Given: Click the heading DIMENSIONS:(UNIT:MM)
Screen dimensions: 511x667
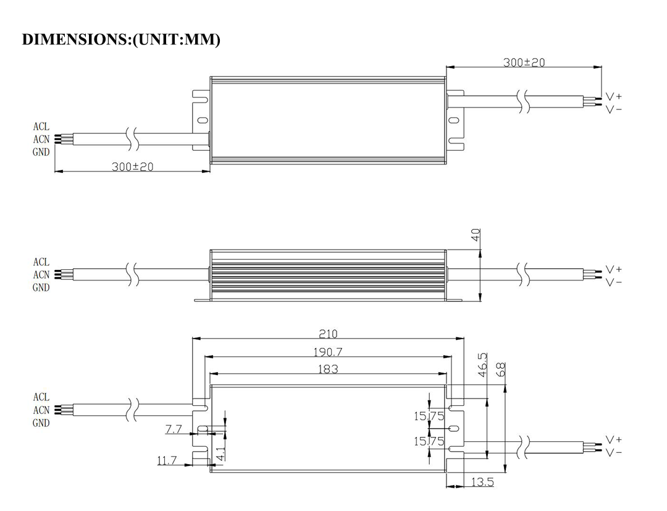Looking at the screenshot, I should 121,40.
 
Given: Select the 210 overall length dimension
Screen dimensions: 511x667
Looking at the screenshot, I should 328,334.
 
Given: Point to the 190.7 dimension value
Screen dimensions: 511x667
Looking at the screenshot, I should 328,352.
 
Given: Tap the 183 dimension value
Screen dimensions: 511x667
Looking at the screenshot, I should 328,369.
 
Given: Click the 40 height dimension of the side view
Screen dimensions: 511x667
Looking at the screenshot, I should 476,235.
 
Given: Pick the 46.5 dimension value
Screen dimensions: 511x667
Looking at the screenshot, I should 482,365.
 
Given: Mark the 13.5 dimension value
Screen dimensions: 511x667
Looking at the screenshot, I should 482,482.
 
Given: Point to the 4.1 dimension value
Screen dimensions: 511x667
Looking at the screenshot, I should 220,454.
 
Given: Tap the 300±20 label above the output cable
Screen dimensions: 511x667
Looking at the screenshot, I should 524,62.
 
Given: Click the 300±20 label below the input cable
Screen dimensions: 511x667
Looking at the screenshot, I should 132,167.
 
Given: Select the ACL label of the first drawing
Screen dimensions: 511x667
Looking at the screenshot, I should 41,127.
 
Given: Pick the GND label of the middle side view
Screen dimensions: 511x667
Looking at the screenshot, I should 41,287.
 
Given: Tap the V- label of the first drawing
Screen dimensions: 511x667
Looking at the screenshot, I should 613,109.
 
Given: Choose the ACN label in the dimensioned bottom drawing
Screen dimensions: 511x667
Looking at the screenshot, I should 41,410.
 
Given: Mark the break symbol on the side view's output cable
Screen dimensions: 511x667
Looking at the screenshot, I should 525,275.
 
